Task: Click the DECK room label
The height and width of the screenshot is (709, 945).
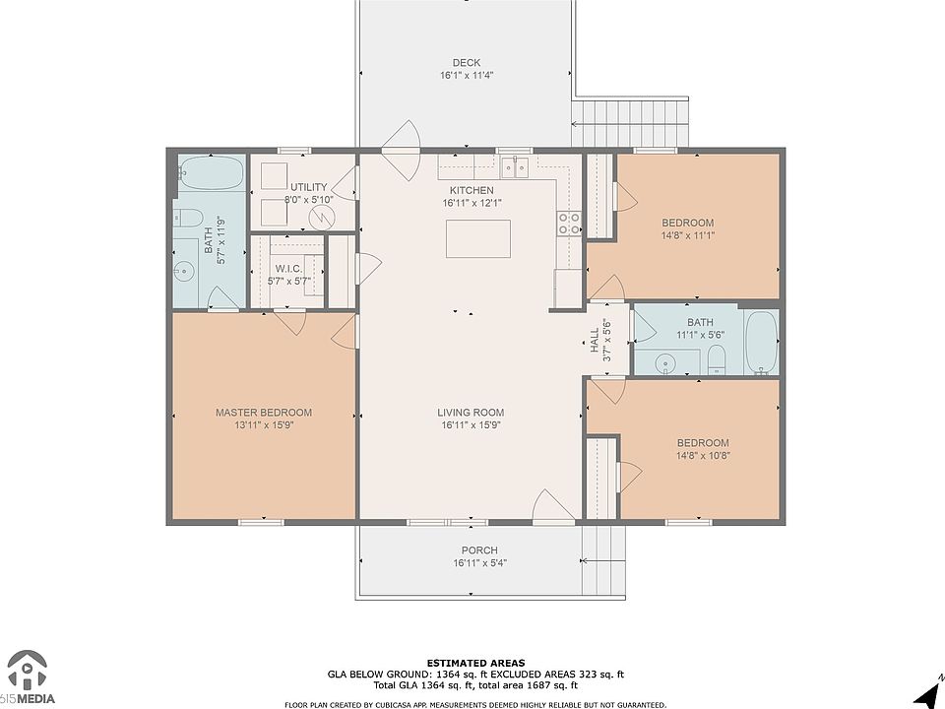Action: [x=467, y=63]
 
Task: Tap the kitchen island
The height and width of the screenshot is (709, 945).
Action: [x=478, y=238]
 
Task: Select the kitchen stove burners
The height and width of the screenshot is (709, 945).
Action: [x=569, y=224]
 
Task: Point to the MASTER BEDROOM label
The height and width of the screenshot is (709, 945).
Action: [x=264, y=413]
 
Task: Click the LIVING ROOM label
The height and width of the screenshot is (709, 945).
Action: [x=471, y=413]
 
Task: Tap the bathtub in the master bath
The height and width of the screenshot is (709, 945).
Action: [x=212, y=173]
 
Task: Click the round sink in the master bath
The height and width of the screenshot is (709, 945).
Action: [x=183, y=272]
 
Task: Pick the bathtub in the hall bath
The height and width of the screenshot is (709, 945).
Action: [x=762, y=343]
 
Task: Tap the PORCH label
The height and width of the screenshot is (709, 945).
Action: [x=479, y=549]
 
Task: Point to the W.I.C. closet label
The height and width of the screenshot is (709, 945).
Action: [x=288, y=268]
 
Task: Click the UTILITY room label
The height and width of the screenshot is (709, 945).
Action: [x=308, y=187]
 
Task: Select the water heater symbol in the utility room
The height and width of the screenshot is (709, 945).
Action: [x=321, y=217]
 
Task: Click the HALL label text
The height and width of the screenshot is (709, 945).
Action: [x=596, y=341]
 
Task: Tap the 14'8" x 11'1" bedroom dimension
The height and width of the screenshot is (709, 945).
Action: [x=688, y=235]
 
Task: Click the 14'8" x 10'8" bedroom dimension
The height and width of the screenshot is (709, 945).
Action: [x=703, y=455]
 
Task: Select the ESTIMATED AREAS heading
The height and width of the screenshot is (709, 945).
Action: [x=475, y=663]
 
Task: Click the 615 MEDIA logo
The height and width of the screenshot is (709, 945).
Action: [x=28, y=677]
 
